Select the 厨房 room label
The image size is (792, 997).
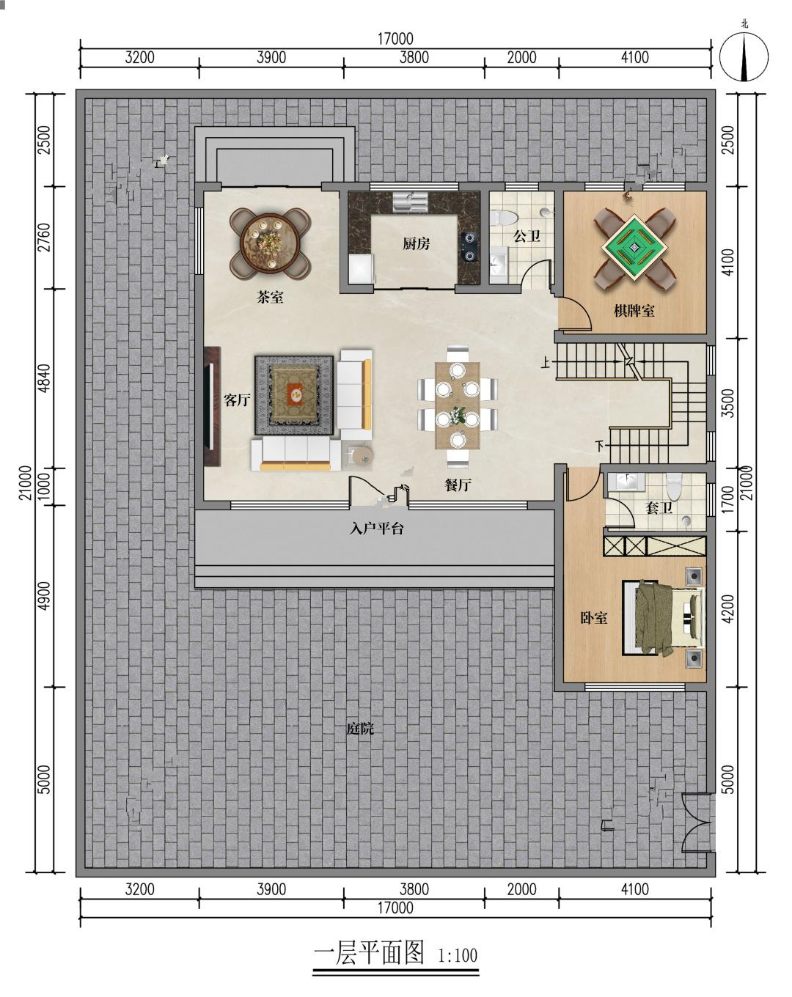(416, 243)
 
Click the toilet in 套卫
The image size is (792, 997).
(674, 486)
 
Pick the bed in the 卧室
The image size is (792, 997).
(663, 617)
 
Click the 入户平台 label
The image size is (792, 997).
(376, 529)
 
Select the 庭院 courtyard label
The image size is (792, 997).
(359, 729)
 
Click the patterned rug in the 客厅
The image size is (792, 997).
(294, 394)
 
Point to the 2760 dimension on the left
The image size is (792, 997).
(45, 238)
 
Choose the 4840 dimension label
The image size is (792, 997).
(45, 378)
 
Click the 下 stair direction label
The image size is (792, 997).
(600, 446)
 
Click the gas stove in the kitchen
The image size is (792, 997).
(469, 247)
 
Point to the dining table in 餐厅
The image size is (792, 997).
(457, 406)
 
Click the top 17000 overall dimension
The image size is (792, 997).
(395, 39)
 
